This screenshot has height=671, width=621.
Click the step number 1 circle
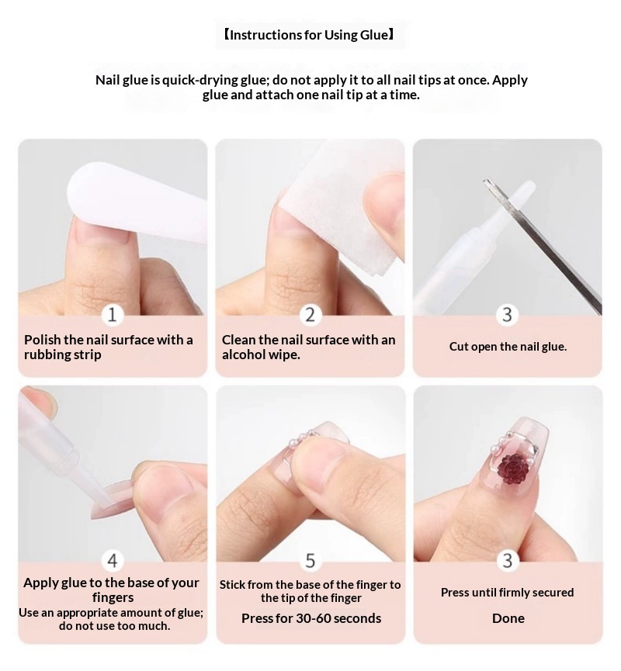point(113,315)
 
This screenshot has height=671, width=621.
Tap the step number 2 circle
point(310,315)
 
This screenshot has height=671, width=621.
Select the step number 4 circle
point(113,561)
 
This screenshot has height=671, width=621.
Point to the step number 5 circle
point(310,561)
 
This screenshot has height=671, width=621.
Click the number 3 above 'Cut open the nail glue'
point(507,315)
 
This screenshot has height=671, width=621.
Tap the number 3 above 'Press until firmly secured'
point(508,561)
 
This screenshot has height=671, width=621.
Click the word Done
point(508,618)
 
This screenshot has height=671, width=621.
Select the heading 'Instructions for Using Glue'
point(309,35)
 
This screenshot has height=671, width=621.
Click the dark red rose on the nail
point(511,469)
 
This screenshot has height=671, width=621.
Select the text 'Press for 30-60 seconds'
point(311,618)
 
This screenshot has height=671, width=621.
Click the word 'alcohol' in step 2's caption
point(243,355)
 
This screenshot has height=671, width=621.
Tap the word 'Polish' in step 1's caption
point(43,341)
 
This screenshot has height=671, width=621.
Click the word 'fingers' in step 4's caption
point(113,598)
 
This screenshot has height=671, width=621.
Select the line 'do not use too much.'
point(114,626)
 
